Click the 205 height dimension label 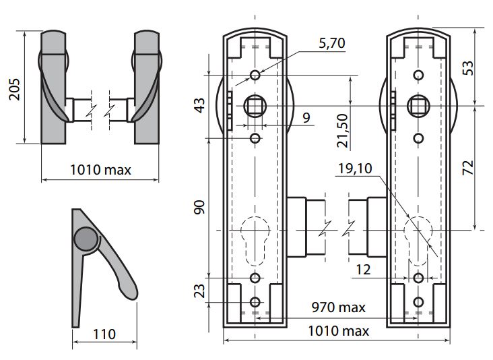(14, 86)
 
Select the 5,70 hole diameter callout (331, 44)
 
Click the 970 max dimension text (338, 307)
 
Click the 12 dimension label (363, 269)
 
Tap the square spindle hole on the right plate (418, 104)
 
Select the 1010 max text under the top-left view (101, 170)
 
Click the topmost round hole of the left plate (255, 74)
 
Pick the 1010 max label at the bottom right (338, 330)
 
